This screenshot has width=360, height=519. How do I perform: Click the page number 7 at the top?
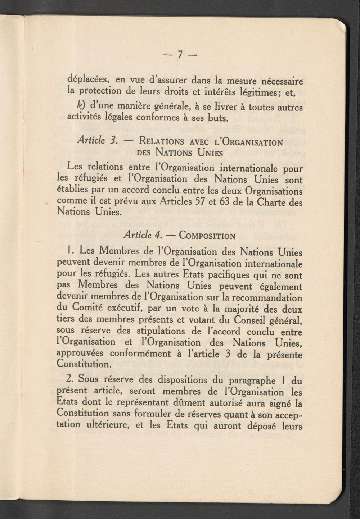coord(180,54)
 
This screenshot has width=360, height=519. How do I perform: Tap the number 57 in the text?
coord(200,201)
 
